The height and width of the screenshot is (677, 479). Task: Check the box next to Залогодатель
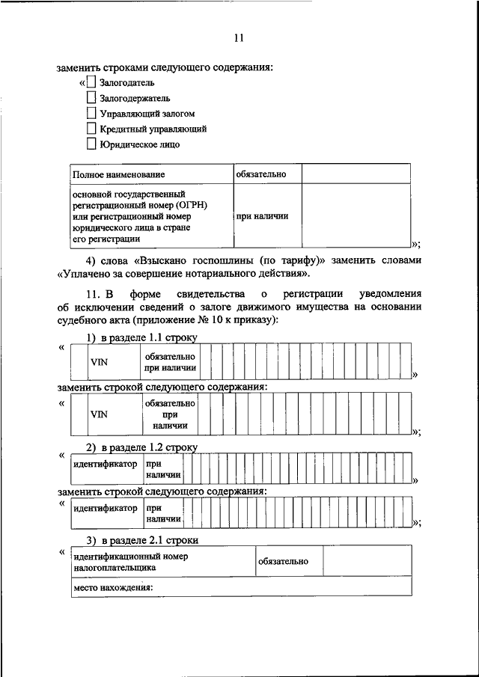91,82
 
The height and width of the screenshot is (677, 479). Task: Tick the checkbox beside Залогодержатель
91,98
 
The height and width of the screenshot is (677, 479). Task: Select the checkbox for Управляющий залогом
91,114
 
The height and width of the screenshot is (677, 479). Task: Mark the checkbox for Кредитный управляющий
91,129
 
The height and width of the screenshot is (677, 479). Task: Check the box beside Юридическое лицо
91,145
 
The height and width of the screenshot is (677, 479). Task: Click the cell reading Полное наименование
118,174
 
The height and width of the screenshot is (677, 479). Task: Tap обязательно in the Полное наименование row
261,174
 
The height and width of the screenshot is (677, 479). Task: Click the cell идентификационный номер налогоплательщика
130,562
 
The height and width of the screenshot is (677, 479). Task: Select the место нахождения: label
112,587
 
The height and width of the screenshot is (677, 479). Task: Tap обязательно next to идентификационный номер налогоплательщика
282,561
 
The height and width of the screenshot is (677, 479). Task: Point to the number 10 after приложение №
221,320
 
